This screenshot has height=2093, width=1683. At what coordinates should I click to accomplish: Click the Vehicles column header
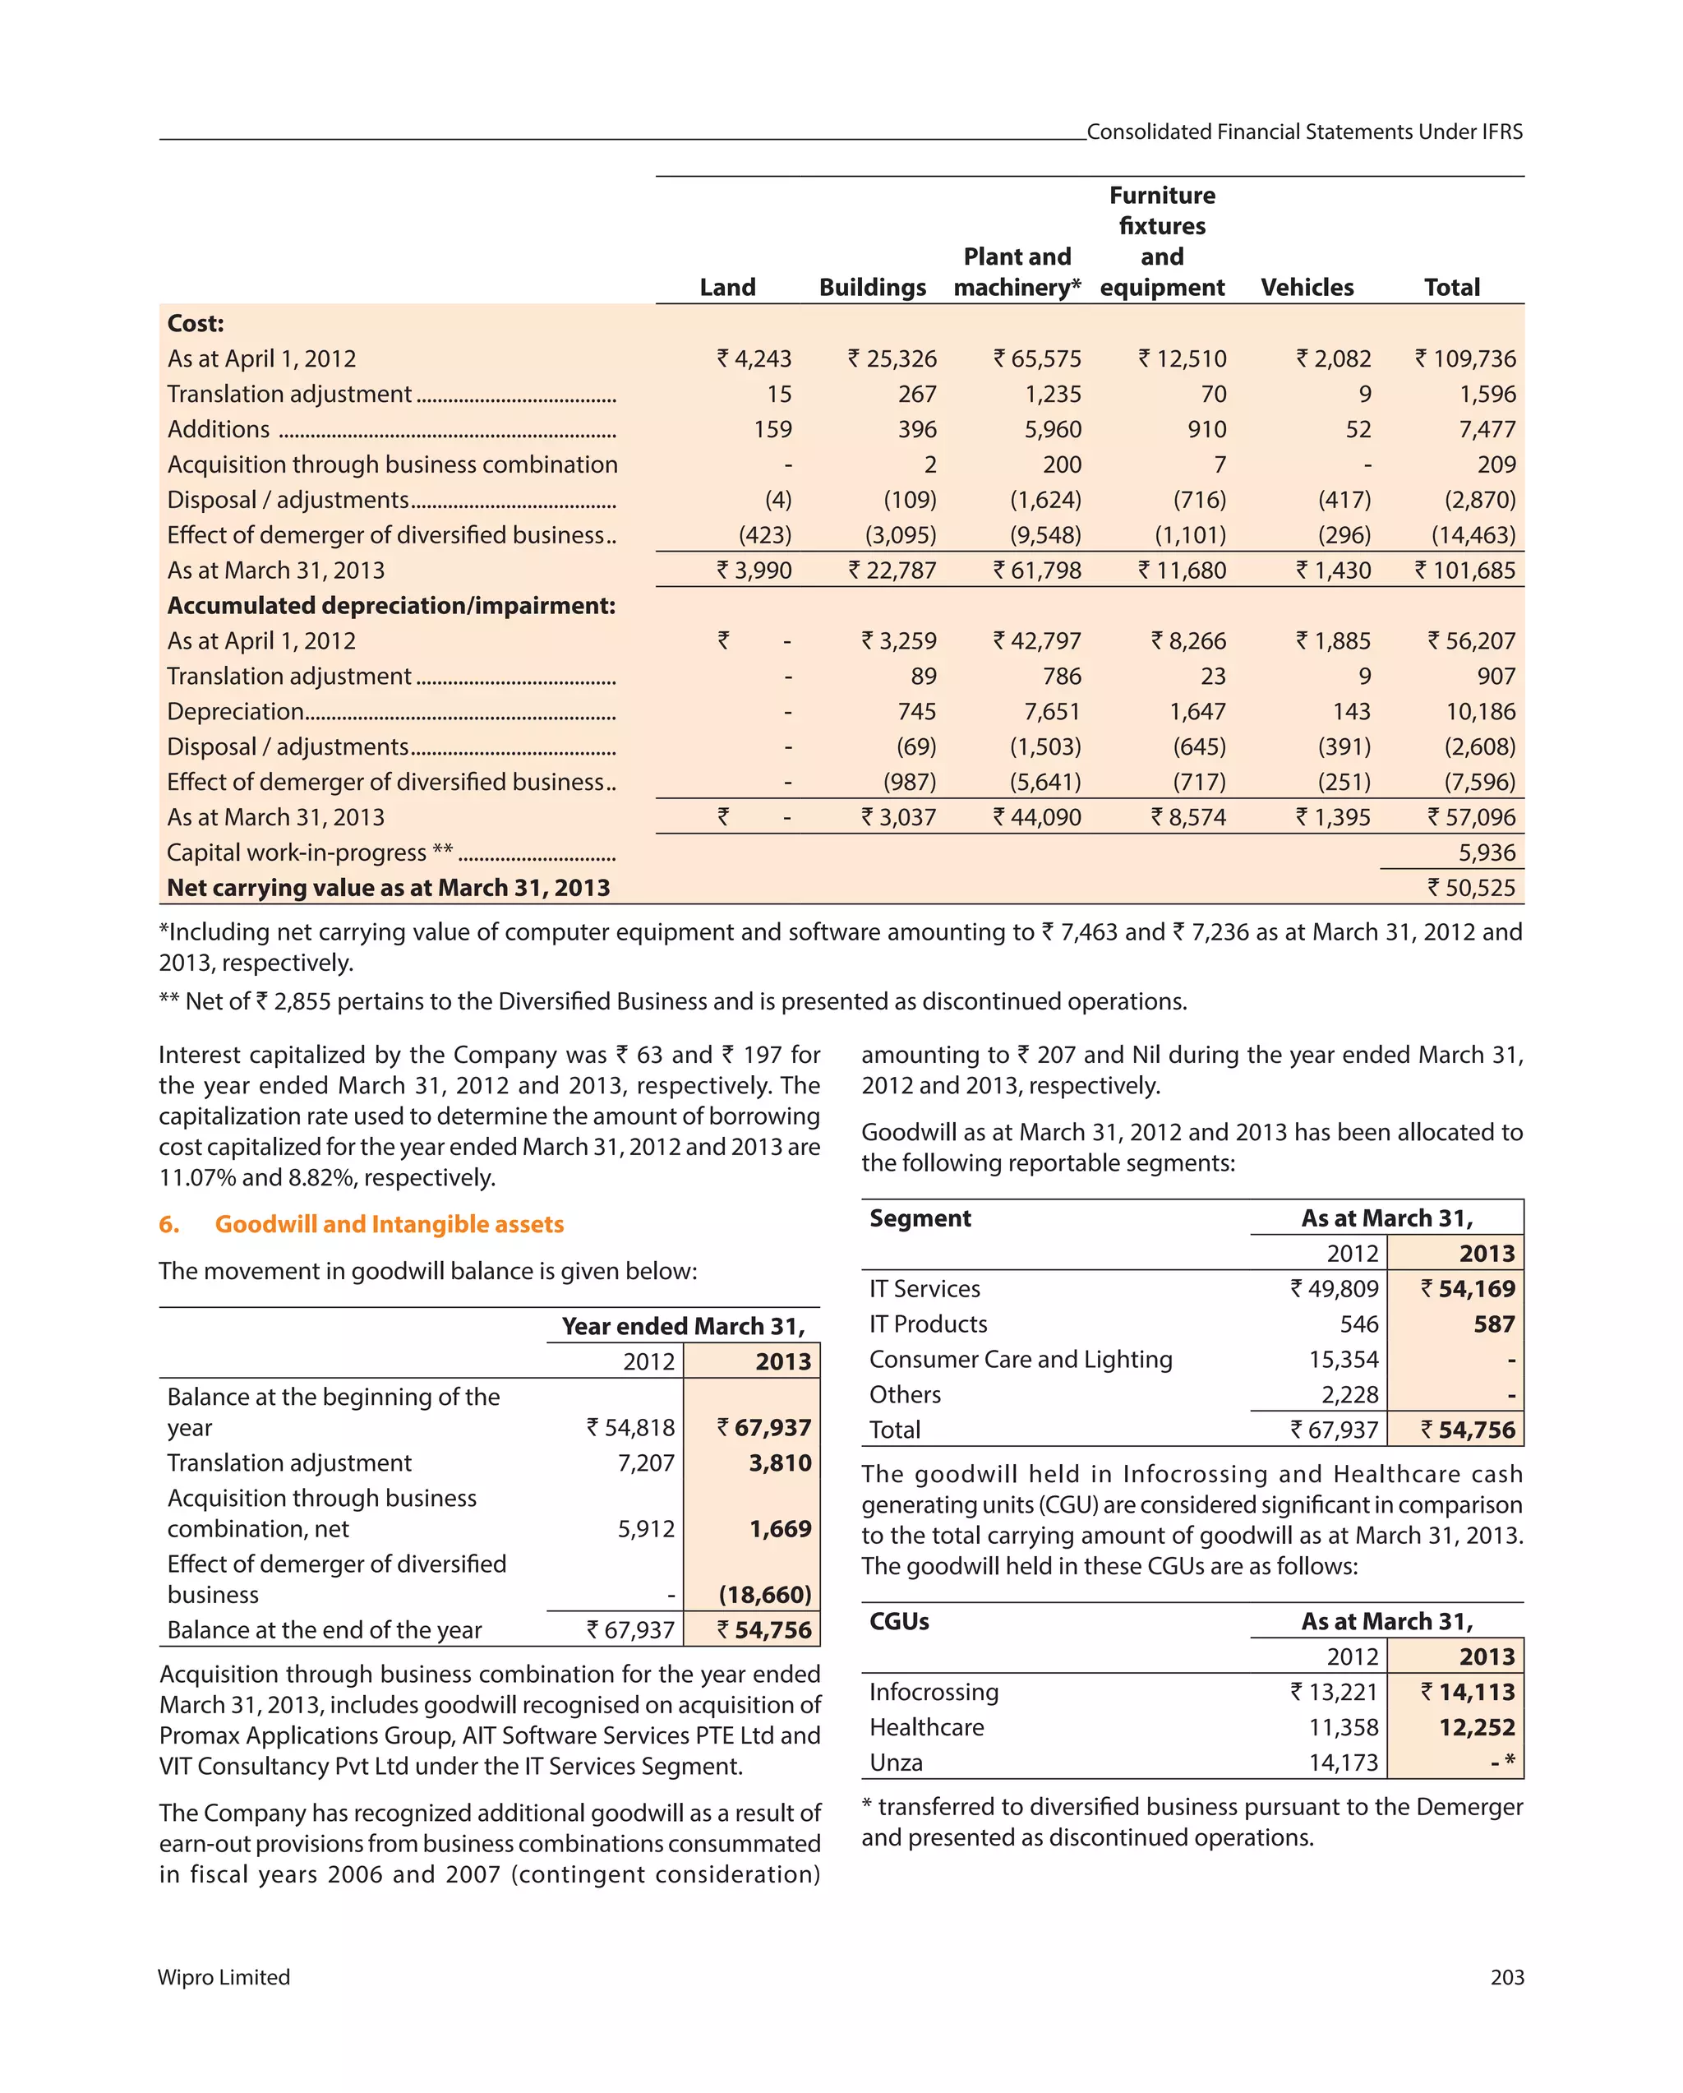[x=1307, y=288]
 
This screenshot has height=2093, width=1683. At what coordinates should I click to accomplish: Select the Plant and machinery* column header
[x=1017, y=273]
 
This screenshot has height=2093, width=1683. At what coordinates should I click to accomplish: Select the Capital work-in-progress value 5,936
[x=1486, y=852]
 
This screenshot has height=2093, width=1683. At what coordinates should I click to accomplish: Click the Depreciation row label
[x=236, y=712]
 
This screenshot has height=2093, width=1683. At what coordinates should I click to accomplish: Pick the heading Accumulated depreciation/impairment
[x=391, y=606]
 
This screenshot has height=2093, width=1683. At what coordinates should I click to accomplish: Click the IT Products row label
[x=928, y=1324]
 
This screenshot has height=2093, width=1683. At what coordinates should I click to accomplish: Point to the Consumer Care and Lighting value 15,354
[x=1344, y=1359]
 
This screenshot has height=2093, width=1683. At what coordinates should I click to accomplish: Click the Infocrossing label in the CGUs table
[x=934, y=1692]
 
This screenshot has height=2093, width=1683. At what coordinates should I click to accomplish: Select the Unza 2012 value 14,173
[x=1344, y=1762]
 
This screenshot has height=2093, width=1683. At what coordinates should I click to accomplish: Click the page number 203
[x=1506, y=1977]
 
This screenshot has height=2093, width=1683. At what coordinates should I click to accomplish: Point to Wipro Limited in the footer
[x=224, y=1977]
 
